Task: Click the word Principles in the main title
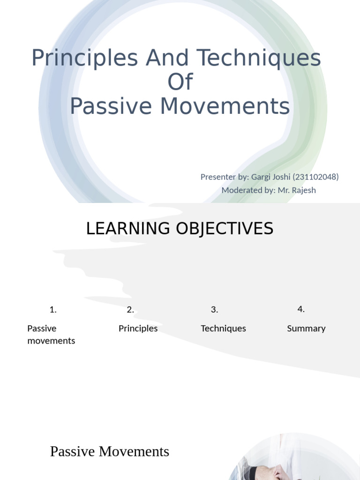coord(84,59)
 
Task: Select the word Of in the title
coord(180,82)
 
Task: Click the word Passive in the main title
coord(111,106)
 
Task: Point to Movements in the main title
coord(225,106)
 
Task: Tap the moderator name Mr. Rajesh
coord(297,190)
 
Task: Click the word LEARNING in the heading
coord(128,229)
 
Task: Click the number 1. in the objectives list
coord(53,309)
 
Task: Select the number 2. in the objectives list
coord(130,309)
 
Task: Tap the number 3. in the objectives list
coord(214,309)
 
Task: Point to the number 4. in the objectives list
coord(301,309)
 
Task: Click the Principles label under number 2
coord(138,328)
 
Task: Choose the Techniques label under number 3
coord(223,328)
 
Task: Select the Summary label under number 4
coord(306,328)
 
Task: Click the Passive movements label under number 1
coord(51,334)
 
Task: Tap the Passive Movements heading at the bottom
coord(109,451)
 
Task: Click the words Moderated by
coord(247,190)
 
